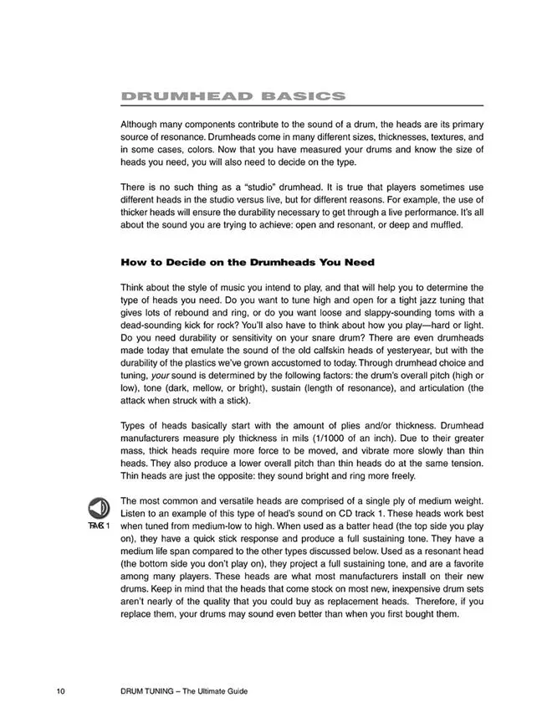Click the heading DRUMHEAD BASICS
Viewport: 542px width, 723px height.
[233, 96]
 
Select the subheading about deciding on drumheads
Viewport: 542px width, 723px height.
[248, 262]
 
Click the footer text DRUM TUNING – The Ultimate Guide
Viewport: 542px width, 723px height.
[184, 691]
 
